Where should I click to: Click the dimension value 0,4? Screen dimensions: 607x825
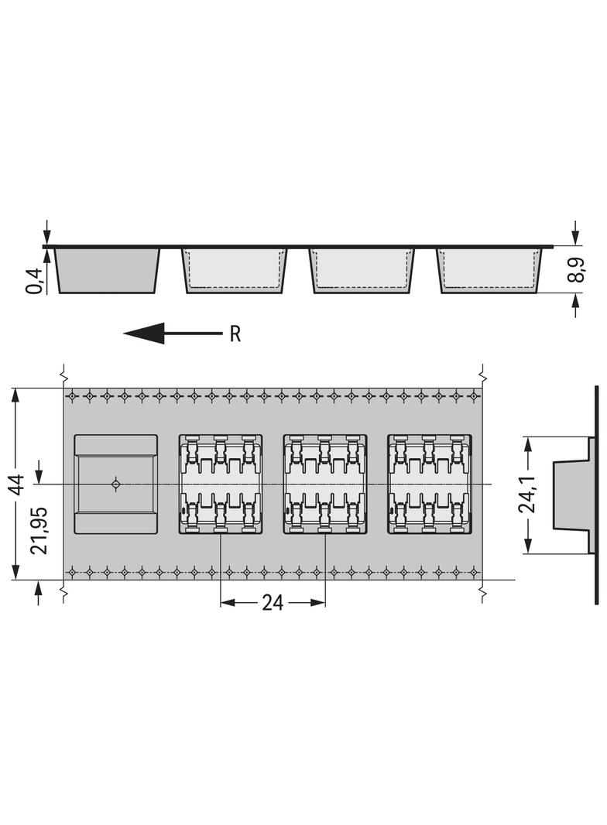(x=36, y=281)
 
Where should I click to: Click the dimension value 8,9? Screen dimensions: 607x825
(x=578, y=270)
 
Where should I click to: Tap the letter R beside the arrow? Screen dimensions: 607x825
(x=235, y=334)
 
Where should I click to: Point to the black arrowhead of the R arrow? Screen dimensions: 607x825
(x=144, y=334)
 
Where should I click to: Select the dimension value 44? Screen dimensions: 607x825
(x=18, y=484)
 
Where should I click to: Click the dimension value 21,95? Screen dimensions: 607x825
(x=39, y=530)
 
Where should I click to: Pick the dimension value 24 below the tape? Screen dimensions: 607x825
(x=273, y=603)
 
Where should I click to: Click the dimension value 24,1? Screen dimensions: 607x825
(x=527, y=494)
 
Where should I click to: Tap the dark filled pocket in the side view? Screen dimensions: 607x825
(x=108, y=270)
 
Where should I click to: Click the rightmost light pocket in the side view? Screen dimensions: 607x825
(x=489, y=270)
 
